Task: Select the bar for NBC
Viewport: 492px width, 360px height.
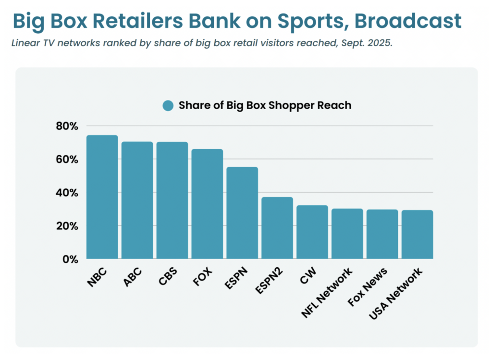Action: (x=102, y=197)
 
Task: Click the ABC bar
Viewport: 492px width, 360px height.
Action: (x=137, y=200)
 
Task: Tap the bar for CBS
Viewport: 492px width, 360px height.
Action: (x=172, y=200)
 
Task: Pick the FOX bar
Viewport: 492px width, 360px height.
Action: (x=207, y=204)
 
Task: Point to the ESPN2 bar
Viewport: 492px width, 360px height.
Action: (x=277, y=228)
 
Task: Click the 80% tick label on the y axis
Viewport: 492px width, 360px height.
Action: (x=67, y=126)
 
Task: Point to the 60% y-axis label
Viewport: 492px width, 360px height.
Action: (x=67, y=159)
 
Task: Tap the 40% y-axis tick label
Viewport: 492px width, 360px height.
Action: (x=67, y=192)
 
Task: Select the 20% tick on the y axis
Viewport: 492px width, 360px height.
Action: (x=67, y=225)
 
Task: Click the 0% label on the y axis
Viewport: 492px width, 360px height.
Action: (x=70, y=259)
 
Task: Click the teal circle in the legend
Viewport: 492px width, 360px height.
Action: (x=168, y=106)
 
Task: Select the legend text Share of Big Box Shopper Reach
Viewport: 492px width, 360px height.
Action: (x=265, y=106)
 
